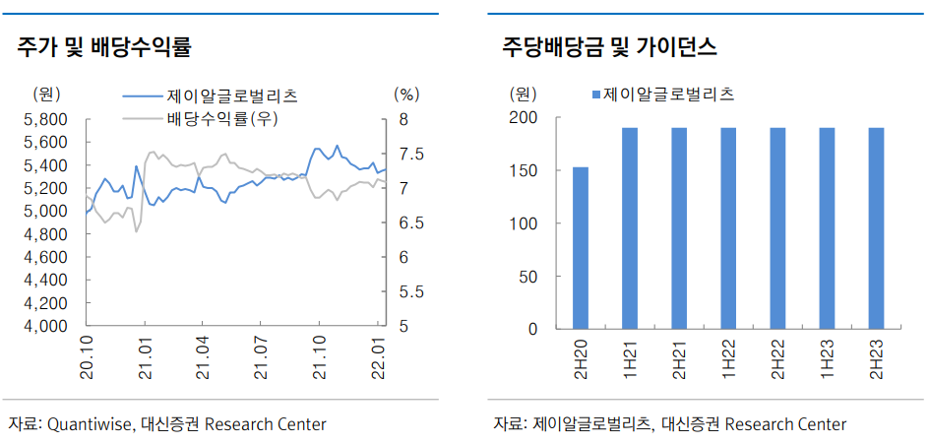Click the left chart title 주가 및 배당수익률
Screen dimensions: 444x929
coord(103,46)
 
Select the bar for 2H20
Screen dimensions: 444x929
coord(581,247)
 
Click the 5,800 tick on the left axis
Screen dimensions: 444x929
coord(43,119)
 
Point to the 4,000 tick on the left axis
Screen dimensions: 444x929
coord(43,326)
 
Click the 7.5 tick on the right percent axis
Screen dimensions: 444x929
coord(406,155)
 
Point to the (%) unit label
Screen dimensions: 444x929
coord(406,95)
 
